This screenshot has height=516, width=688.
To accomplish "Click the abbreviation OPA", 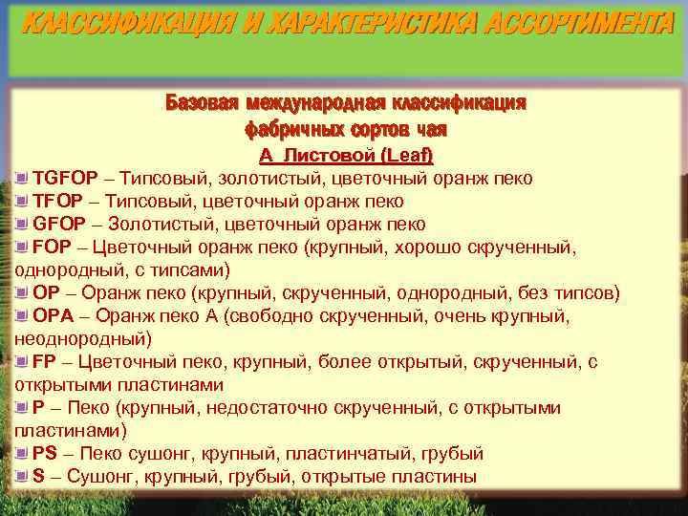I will (x=53, y=315).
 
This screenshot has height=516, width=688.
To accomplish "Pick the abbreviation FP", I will (x=44, y=362).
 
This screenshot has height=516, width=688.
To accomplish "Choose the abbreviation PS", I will (x=45, y=453).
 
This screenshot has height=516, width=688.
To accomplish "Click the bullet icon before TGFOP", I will (x=23, y=178).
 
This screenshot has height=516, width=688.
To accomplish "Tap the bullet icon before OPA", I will (x=23, y=315).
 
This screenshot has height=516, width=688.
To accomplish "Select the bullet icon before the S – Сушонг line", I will (x=23, y=476).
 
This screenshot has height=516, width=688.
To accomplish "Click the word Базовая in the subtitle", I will (x=201, y=103).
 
